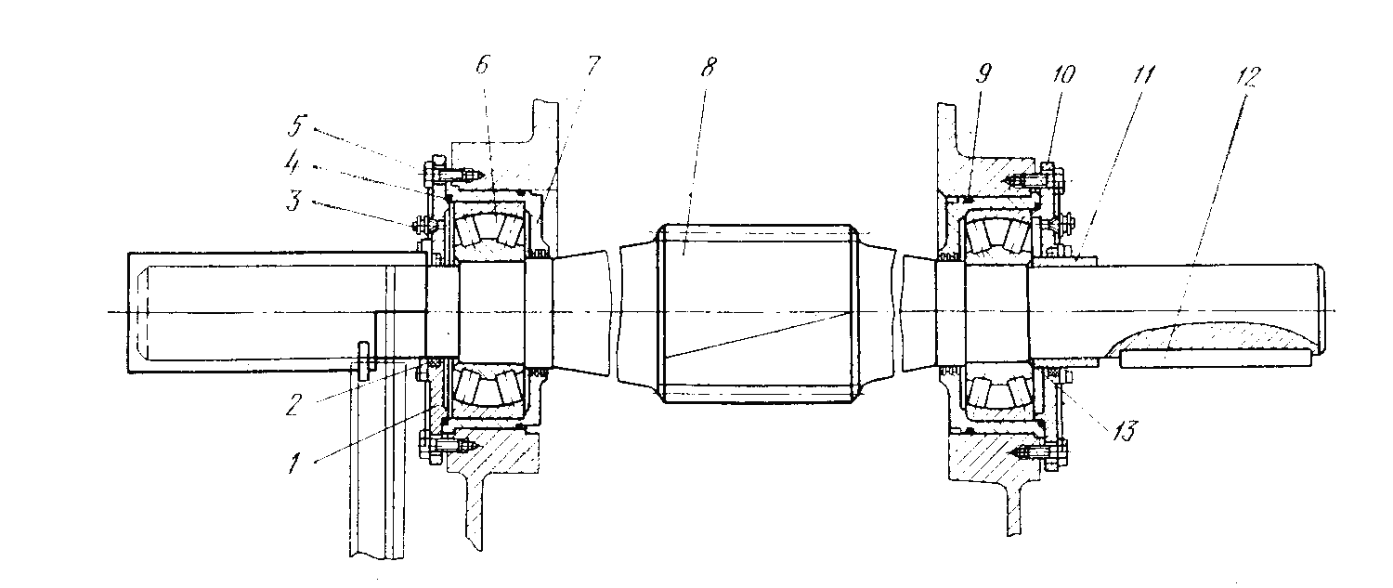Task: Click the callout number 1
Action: (294, 463)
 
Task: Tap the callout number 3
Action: (294, 201)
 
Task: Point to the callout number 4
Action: (292, 163)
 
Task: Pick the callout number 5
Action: (296, 126)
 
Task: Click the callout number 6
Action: (483, 65)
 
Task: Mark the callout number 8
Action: (709, 67)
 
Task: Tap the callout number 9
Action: (983, 73)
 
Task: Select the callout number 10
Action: (1063, 74)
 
